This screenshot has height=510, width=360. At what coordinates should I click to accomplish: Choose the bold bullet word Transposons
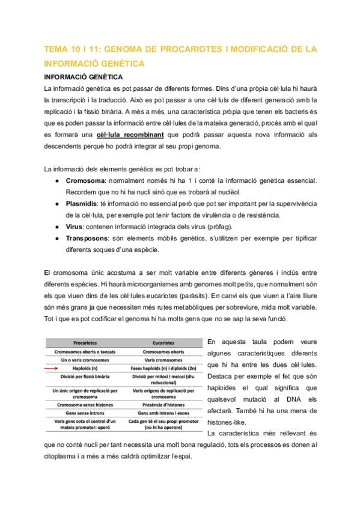coord(89,238)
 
